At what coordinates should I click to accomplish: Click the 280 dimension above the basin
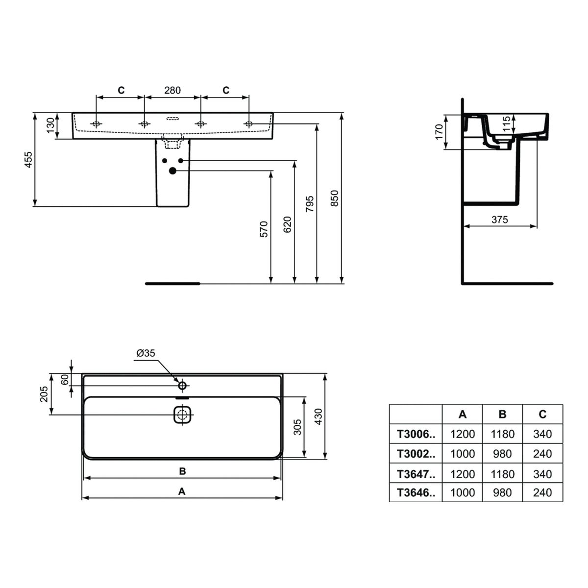tap(172, 90)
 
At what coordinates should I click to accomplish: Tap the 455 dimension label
tap(28, 160)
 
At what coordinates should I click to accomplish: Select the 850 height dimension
tap(335, 198)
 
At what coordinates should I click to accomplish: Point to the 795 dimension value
tap(310, 204)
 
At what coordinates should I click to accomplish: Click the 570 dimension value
tap(264, 229)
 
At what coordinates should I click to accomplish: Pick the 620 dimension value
tap(288, 225)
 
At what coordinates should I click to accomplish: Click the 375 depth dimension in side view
tap(500, 220)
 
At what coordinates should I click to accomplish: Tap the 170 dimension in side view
tap(439, 132)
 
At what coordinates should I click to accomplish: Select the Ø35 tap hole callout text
tap(146, 353)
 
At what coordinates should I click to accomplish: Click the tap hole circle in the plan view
tap(182, 386)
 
